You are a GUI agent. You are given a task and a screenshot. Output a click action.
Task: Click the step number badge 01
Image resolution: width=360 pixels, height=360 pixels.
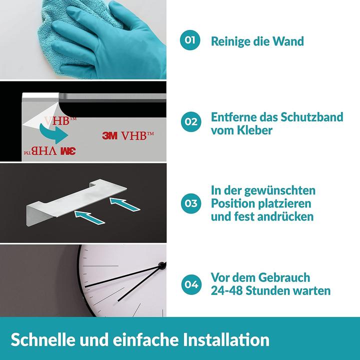[x=190, y=40]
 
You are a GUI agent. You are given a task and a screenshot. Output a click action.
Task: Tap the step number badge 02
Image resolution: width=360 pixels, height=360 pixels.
[x=190, y=121]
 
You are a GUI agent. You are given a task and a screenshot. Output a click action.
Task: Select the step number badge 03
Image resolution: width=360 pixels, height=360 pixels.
[x=190, y=203]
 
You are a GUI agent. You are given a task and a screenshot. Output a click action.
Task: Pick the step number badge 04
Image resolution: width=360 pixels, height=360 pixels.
[x=190, y=284]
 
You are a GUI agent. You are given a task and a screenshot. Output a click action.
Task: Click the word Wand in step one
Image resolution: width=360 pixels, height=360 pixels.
[x=286, y=41]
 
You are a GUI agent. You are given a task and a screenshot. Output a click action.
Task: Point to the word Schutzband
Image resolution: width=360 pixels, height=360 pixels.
[x=312, y=117]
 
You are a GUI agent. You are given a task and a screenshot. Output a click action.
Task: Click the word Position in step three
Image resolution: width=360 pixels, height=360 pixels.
[x=235, y=203]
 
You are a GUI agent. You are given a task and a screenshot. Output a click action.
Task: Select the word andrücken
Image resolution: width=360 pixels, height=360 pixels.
[x=284, y=216]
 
